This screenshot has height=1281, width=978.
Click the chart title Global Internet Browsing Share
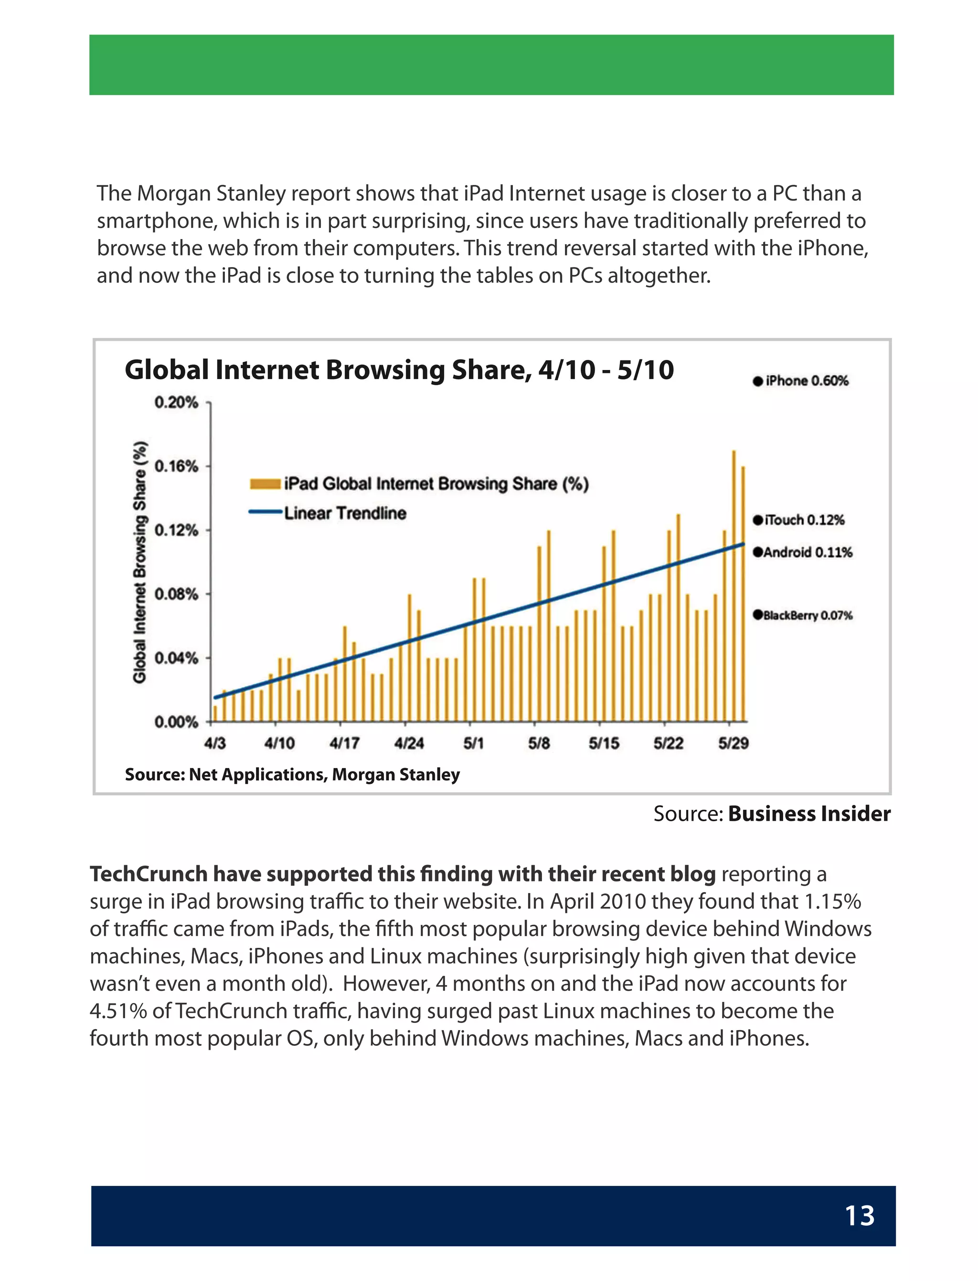point(399,370)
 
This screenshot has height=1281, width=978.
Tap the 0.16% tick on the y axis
point(176,467)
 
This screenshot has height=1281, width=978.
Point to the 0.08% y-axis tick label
point(176,594)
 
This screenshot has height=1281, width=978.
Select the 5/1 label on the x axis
point(473,743)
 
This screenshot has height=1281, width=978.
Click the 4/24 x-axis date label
point(409,743)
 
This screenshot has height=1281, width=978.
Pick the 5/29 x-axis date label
point(733,743)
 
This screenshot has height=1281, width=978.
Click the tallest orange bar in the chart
point(733,583)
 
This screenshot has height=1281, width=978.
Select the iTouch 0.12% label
point(799,520)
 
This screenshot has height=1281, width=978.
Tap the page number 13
point(859,1216)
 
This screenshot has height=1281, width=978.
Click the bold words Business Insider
point(808,814)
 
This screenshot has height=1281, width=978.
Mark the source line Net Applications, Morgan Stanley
point(292,774)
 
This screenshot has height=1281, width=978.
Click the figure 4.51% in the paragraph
point(118,1011)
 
